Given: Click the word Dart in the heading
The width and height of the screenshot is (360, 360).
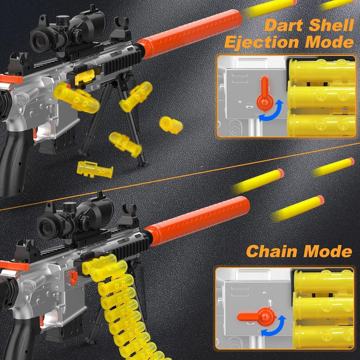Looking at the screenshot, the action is (x=284, y=25).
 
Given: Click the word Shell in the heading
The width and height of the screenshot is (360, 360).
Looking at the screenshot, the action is (x=331, y=25).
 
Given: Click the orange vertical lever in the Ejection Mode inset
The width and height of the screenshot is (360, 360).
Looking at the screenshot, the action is (x=265, y=94).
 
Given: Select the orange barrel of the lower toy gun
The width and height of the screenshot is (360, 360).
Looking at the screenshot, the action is (x=198, y=221).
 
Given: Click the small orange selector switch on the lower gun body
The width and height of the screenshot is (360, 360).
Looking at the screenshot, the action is (x=74, y=278).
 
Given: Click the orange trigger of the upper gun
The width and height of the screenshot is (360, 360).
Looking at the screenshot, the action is (x=35, y=134).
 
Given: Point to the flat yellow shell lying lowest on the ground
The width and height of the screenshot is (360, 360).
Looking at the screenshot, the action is (x=95, y=170).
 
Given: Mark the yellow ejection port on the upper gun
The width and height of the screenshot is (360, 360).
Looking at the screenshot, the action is (x=85, y=77).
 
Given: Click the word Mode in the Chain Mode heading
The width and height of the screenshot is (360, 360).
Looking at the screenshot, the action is (x=328, y=251).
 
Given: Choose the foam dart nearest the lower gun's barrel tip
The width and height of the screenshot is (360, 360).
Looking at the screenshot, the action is (x=297, y=209).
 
